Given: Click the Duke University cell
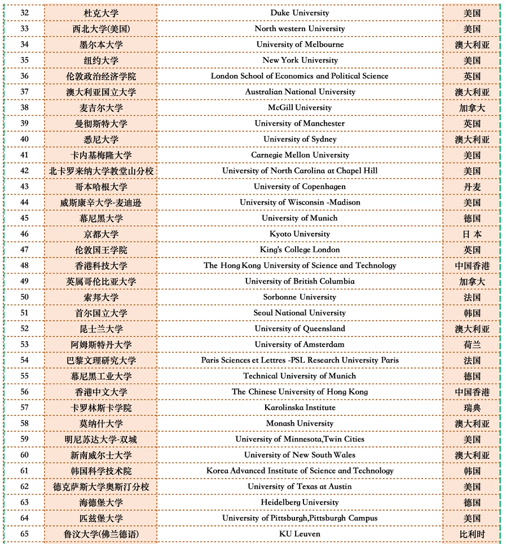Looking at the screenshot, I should point(300,13).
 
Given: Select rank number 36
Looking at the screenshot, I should point(24,76).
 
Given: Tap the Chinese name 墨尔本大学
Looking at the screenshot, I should point(101,45).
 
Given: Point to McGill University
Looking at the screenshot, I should point(300,108).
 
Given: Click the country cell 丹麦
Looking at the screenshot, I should point(472,187).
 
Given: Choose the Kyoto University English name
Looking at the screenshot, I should point(300,234).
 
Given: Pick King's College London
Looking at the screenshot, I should point(300,250).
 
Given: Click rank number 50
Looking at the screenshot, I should point(24,297).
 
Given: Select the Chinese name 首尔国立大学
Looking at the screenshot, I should point(101,313).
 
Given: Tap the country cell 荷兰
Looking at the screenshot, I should point(472,344).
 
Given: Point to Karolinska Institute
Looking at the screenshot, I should point(300,408).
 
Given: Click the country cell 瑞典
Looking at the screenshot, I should point(472,408).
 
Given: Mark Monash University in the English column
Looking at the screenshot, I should point(300,423).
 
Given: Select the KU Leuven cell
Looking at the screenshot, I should point(300,534).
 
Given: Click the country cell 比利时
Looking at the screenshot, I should point(472,534).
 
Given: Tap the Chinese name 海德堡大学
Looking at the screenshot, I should point(101,502).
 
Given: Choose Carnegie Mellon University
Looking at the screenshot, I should point(300,155).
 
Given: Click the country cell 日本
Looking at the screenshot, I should point(472,234).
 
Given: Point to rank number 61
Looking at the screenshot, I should point(24,471).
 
